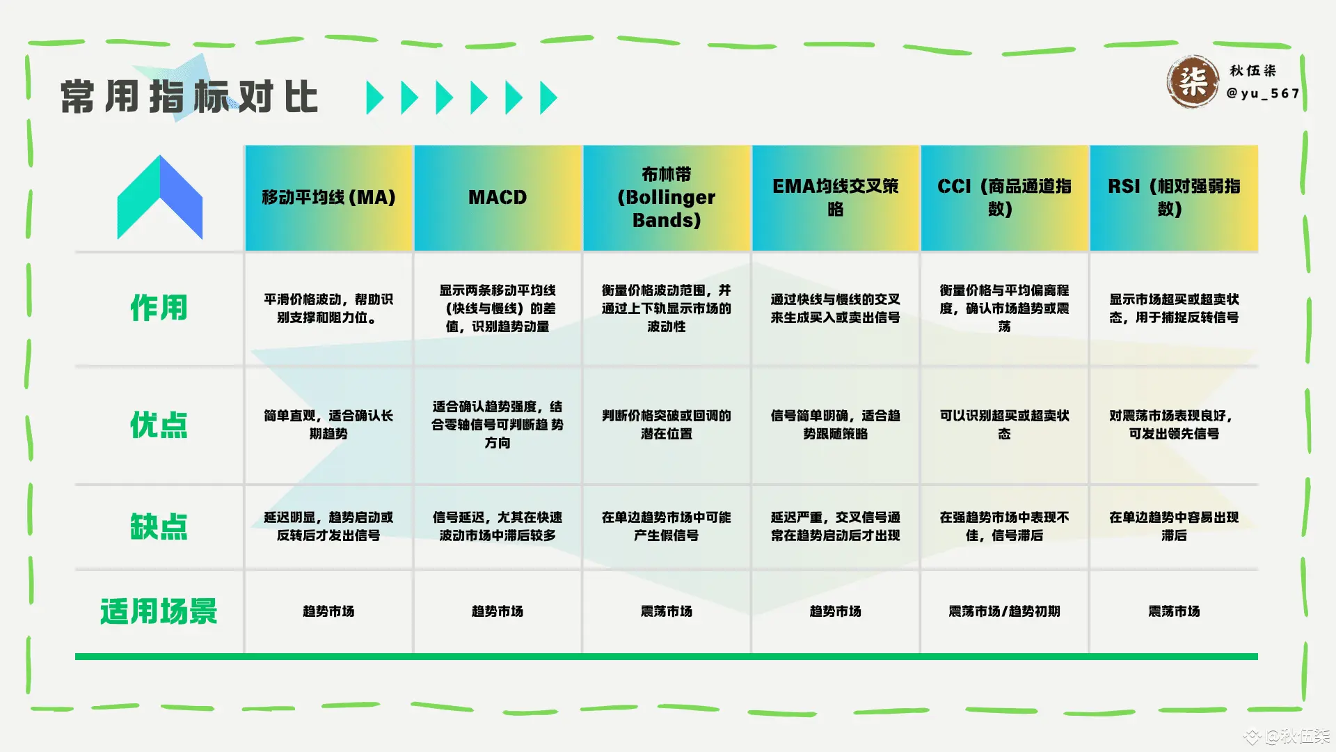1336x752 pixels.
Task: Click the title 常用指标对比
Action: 189,97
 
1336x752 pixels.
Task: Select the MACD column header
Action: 498,198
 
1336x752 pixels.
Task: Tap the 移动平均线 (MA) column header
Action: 328,198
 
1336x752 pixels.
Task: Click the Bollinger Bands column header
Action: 667,198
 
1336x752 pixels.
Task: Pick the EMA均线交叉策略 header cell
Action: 836,198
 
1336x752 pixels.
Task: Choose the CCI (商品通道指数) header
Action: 1004,198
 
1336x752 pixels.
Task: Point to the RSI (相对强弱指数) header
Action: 1174,198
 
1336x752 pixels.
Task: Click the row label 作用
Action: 159,308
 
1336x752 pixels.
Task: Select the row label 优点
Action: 159,425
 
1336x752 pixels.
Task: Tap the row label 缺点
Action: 159,526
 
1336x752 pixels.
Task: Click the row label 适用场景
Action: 159,611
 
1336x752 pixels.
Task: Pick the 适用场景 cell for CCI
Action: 1004,611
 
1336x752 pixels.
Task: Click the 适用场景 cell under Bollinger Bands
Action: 667,611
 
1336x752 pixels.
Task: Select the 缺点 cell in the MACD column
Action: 498,526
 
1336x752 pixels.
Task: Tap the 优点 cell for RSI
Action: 1174,425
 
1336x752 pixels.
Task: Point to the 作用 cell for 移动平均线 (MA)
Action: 328,308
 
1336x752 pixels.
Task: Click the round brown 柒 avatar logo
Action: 1193,82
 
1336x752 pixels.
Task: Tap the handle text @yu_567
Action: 1262,93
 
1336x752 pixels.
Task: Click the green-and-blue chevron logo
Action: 160,198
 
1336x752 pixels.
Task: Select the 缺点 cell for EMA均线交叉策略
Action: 836,526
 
